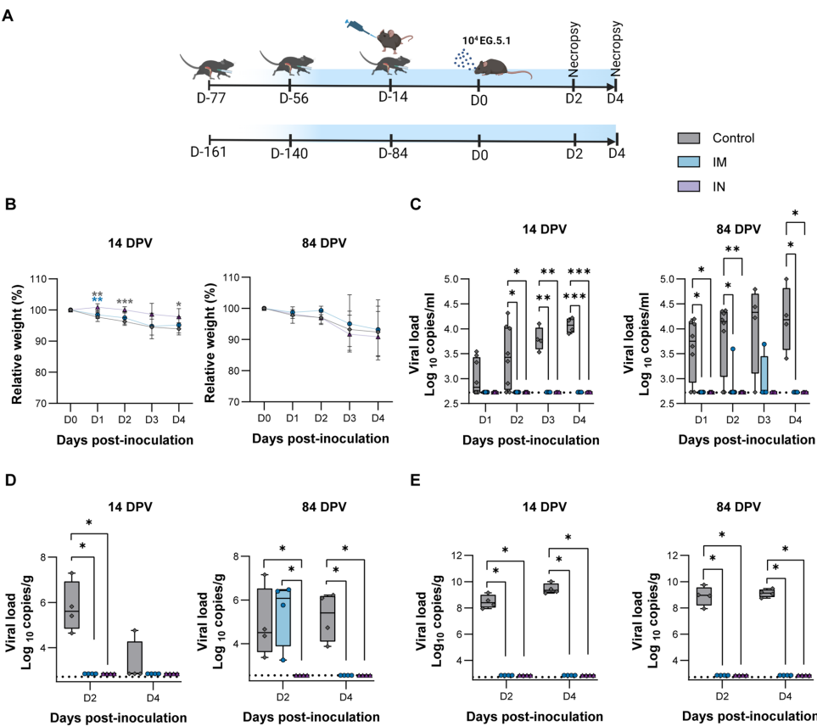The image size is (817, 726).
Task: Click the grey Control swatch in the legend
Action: pos(688,138)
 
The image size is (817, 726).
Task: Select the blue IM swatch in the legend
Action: pos(688,162)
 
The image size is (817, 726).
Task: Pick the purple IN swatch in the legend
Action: pos(688,185)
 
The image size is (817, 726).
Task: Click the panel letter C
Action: pos(414,204)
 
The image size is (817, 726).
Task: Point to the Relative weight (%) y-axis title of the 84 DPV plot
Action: pos(204,341)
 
